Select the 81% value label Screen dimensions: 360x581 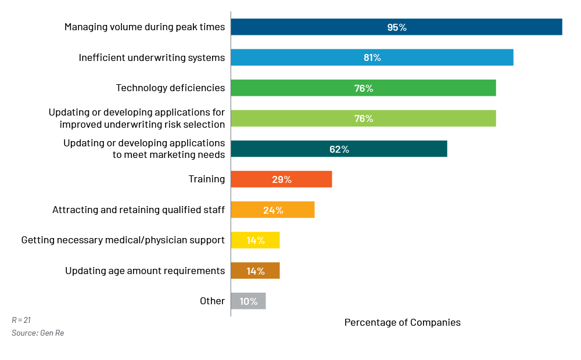pyautogui.click(x=372, y=57)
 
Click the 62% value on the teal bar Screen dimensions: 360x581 pyautogui.click(x=339, y=149)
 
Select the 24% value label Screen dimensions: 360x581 pyautogui.click(x=273, y=210)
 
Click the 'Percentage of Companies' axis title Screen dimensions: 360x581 pyautogui.click(x=402, y=322)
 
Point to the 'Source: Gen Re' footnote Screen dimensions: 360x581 pyautogui.click(x=38, y=333)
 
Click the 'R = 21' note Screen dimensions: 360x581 pyautogui.click(x=21, y=320)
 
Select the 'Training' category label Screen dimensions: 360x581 pyautogui.click(x=206, y=179)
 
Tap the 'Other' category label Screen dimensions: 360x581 pyautogui.click(x=212, y=301)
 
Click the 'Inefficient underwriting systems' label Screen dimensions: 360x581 pyautogui.click(x=152, y=57)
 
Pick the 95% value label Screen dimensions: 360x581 pyautogui.click(x=397, y=27)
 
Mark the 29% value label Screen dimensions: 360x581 pyautogui.click(x=282, y=179)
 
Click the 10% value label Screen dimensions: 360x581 pyautogui.click(x=248, y=301)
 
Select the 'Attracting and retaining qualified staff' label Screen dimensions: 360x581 pyautogui.click(x=138, y=210)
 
